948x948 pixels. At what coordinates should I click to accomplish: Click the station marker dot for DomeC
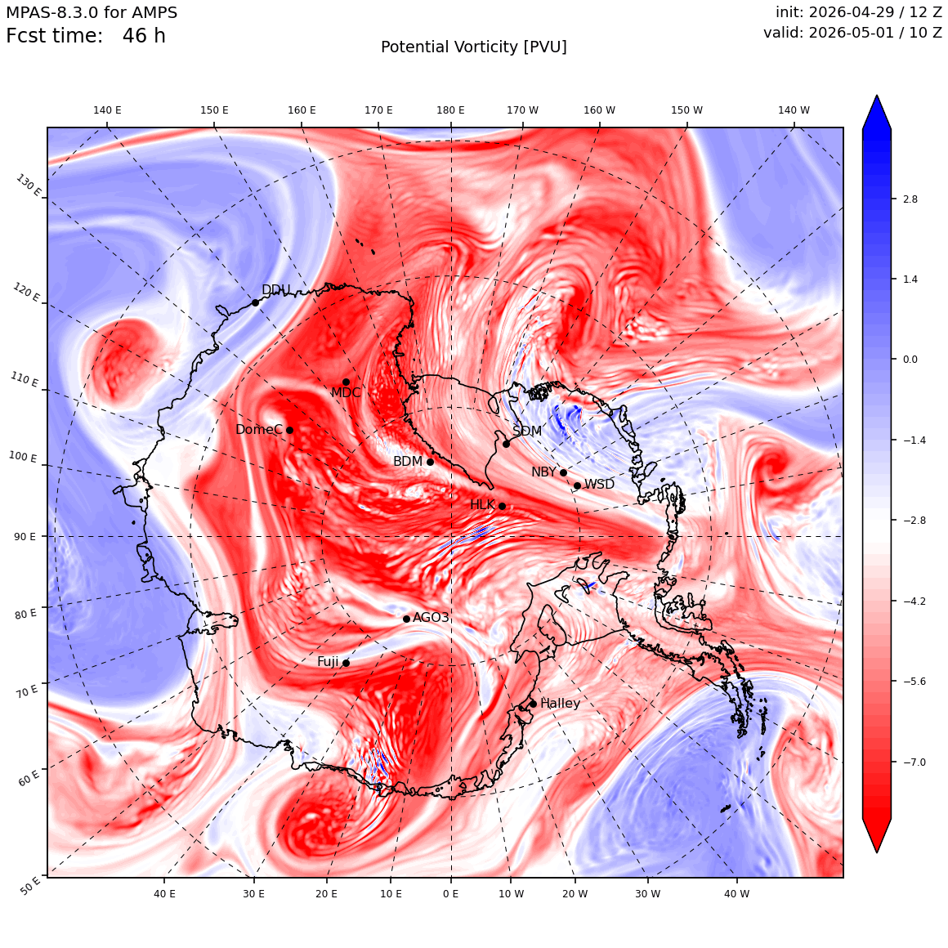click(x=289, y=430)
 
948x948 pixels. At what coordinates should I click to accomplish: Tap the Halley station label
click(x=560, y=703)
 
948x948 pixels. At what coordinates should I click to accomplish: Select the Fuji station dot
click(x=346, y=663)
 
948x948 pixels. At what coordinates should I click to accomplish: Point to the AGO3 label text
click(x=431, y=617)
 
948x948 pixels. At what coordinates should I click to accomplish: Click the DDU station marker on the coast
click(x=255, y=302)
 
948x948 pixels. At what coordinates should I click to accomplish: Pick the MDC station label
click(x=346, y=393)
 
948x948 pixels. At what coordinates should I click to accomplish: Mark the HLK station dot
click(x=502, y=506)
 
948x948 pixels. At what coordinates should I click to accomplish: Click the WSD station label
click(x=599, y=485)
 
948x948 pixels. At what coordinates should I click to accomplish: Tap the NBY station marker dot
click(x=563, y=473)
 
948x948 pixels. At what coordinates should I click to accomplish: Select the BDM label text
click(x=408, y=461)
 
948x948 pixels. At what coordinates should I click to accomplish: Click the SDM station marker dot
click(x=506, y=444)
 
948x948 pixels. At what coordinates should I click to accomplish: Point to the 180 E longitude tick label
click(x=450, y=110)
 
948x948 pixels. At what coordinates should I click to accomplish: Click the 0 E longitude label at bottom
click(x=450, y=893)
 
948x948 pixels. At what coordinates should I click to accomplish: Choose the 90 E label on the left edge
click(x=25, y=536)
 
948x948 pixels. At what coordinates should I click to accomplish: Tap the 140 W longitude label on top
click(x=794, y=110)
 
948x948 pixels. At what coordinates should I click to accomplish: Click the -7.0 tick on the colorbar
click(x=914, y=762)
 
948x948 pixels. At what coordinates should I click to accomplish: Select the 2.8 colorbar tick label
click(x=910, y=199)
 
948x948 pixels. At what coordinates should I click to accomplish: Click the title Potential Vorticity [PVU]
click(x=474, y=47)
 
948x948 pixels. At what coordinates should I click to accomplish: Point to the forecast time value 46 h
click(x=144, y=36)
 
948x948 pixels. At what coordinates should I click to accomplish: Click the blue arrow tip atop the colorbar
click(x=877, y=96)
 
